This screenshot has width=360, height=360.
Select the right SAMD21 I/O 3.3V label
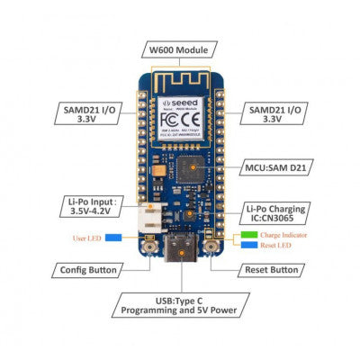click(276, 113)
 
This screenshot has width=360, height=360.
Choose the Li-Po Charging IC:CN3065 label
click(274, 215)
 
